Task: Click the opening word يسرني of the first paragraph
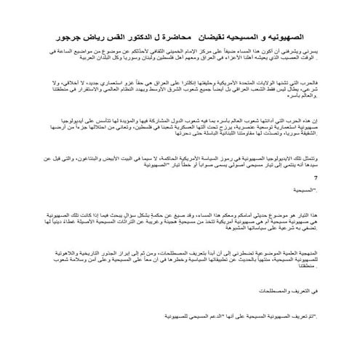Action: (x=312, y=53)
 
